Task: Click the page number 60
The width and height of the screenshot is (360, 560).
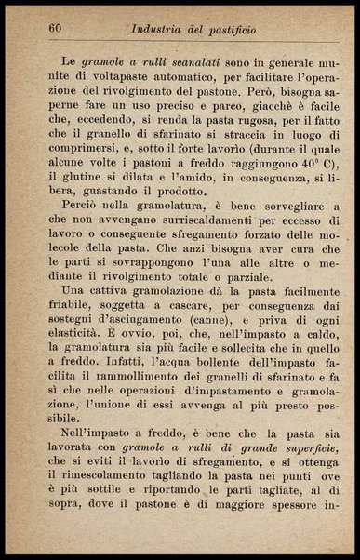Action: pyautogui.click(x=55, y=28)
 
